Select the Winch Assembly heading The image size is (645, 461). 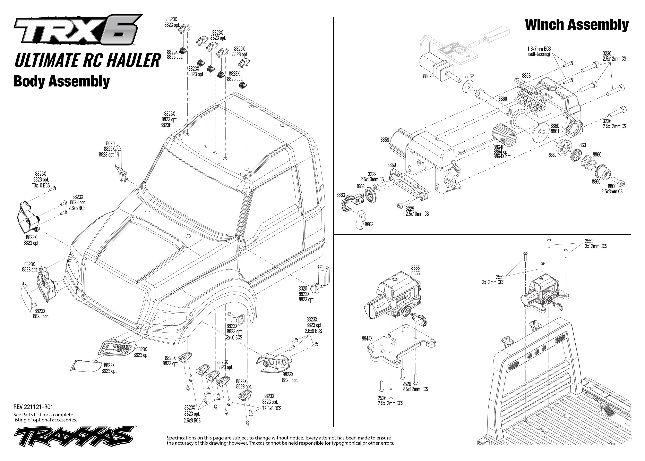tap(577, 25)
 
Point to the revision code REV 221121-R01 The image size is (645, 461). tap(33, 407)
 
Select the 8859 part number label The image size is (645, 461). tap(392, 165)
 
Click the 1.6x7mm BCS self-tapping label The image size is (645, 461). tap(539, 52)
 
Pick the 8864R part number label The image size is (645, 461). tap(499, 147)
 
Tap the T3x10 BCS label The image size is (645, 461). tap(41, 185)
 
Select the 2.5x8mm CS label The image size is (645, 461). tap(612, 191)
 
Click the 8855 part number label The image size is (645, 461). tap(415, 268)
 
